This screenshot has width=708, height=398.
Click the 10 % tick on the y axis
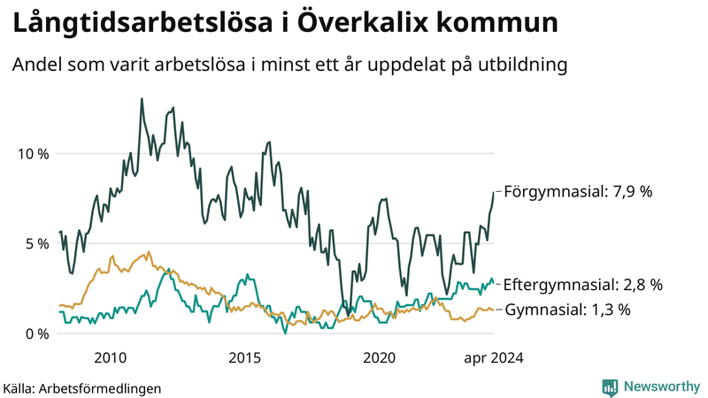coord(33,154)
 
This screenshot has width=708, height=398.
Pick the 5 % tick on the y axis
coord(36,243)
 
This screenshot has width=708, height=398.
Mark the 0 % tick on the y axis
coord(36,333)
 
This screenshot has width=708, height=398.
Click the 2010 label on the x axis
coord(110,357)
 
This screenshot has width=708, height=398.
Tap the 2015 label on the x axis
coord(244,357)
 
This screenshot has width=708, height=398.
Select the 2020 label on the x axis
coord(380,357)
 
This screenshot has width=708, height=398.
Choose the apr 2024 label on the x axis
coord(493,357)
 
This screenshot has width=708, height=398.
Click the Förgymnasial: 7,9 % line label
coord(577,190)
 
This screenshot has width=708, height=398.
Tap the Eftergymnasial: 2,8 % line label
coord(582,285)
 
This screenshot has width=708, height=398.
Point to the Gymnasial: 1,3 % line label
coord(567,310)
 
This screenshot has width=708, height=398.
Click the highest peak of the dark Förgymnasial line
coord(142,99)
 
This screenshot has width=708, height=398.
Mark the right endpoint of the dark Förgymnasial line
coord(494,191)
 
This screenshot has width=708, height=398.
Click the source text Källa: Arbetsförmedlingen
coord(82,387)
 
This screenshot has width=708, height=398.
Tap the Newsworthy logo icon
coord(610,387)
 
